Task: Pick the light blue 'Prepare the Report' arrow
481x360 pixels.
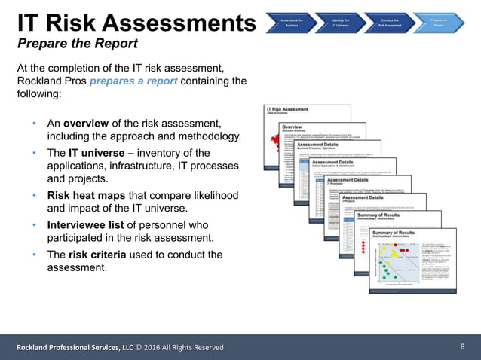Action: click(440, 21)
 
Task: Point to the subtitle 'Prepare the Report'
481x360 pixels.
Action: click(78, 43)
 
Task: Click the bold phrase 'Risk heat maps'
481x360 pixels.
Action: click(89, 195)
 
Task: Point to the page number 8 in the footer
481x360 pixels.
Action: click(462, 346)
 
